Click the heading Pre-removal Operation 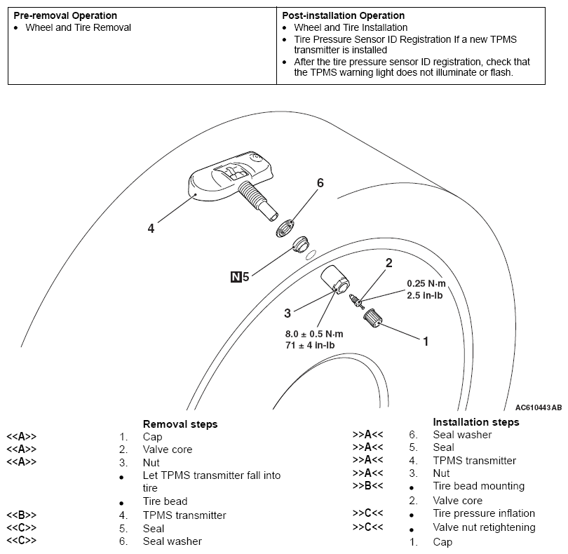coord(65,15)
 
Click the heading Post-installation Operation coord(343,15)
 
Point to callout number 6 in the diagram coord(320,183)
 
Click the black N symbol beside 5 coord(236,277)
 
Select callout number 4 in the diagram coord(151,228)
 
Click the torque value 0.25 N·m coord(426,284)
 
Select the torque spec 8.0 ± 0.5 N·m coord(316,334)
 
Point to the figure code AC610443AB coord(538,407)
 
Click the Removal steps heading coord(180,424)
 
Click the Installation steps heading coord(476,422)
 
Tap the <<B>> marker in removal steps coord(21,515)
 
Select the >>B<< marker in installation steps coord(367,486)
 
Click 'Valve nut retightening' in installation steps coord(484,527)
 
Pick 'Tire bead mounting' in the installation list coord(478,486)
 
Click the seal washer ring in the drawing coord(285,227)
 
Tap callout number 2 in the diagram coord(388,264)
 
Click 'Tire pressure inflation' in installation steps coord(484,513)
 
